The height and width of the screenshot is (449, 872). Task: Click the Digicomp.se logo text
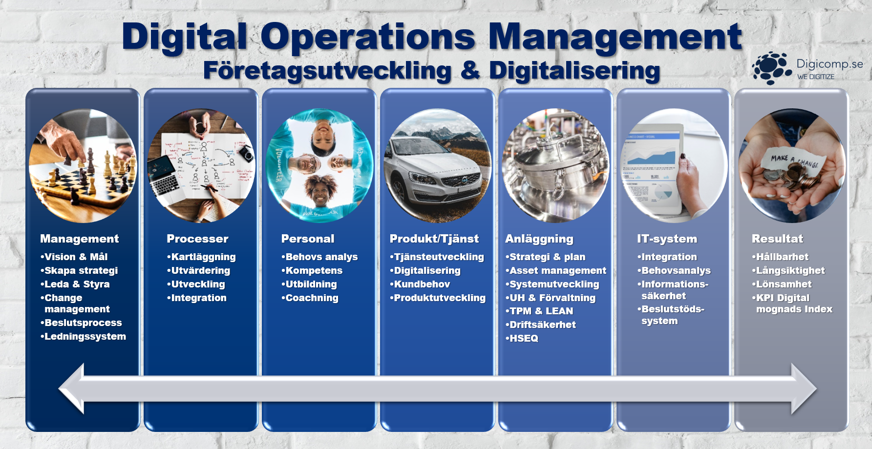pyautogui.click(x=829, y=64)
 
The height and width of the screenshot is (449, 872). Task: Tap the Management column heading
pyautogui.click(x=79, y=239)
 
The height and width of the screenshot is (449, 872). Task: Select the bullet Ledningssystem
pyautogui.click(x=83, y=336)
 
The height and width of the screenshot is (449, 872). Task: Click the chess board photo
pyautogui.click(x=83, y=166)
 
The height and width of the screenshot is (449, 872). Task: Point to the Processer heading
pyautogui.click(x=197, y=239)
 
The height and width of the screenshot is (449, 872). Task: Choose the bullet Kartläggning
pyautogui.click(x=201, y=257)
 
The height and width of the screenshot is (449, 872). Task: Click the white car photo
pyautogui.click(x=438, y=166)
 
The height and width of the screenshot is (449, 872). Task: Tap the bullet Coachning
pyautogui.click(x=310, y=298)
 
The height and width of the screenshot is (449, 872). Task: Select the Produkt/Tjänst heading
pyautogui.click(x=434, y=239)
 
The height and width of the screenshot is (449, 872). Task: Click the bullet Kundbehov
pyautogui.click(x=420, y=284)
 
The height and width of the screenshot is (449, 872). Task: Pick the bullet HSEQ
pyautogui.click(x=522, y=338)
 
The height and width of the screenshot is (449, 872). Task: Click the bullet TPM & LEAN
pyautogui.click(x=539, y=311)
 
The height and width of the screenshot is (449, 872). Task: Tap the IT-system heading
pyautogui.click(x=667, y=239)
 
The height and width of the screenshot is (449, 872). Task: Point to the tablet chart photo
pyautogui.click(x=674, y=166)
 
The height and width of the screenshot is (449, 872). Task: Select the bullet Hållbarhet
pyautogui.click(x=780, y=257)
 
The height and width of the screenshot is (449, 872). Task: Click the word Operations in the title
pyautogui.click(x=368, y=37)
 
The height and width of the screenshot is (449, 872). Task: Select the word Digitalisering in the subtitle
pyautogui.click(x=574, y=71)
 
